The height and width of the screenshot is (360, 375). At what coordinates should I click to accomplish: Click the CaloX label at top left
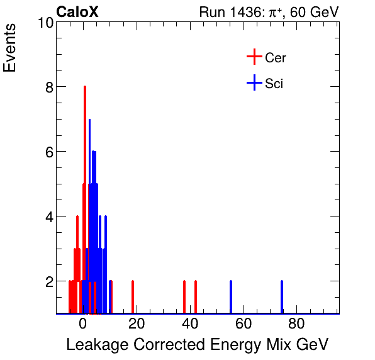[77, 12]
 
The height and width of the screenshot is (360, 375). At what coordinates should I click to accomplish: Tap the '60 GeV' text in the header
[315, 12]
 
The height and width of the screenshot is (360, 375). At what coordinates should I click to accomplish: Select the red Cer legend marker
[254, 57]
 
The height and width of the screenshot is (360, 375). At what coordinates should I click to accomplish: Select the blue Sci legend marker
[254, 83]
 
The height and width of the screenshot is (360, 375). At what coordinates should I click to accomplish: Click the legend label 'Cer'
[276, 58]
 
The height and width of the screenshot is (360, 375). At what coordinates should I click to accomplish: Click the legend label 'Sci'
[274, 84]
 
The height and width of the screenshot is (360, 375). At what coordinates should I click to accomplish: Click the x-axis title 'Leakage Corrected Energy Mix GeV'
[197, 344]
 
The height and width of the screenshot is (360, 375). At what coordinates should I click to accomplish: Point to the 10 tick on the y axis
[44, 23]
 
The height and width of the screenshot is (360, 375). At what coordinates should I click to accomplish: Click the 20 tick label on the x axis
[137, 324]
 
